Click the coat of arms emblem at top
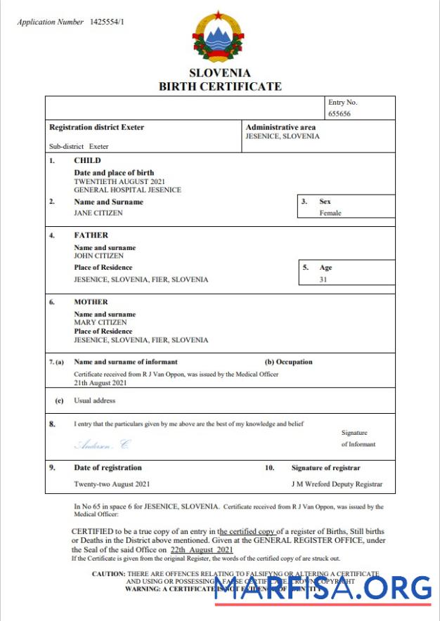pos(219,37)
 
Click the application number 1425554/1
pos(107,22)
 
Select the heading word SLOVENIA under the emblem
pos(219,73)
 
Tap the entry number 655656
pos(339,113)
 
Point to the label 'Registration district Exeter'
pos(96,127)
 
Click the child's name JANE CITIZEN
pos(98,213)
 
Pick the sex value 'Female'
pos(330,213)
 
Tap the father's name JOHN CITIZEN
pos(99,256)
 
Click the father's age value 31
pos(324,279)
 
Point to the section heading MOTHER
pos(91,302)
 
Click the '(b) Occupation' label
pos(288,362)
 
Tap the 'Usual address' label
pos(95,400)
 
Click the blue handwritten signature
pos(103,444)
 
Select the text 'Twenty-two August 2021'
pos(112,484)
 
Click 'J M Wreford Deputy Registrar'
pos(337,484)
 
